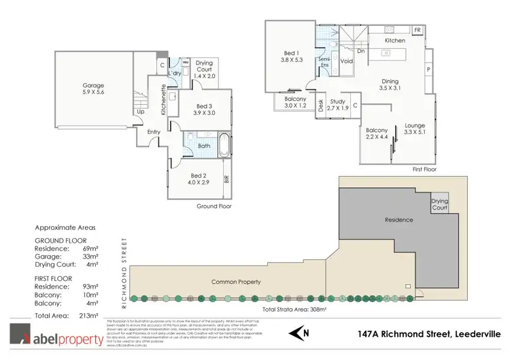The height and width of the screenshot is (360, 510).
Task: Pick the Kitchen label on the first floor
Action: pos(395,41)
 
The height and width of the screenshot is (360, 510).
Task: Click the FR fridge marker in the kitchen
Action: pos(416,31)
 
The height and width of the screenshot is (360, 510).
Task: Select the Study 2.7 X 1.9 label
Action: pos(338,103)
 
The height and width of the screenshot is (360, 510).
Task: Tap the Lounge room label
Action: pos(415,125)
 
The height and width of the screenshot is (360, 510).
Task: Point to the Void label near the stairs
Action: pos(347,61)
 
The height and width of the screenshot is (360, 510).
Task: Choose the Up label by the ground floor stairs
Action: pos(140,112)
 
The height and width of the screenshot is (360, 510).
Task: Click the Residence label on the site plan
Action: pos(399,220)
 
